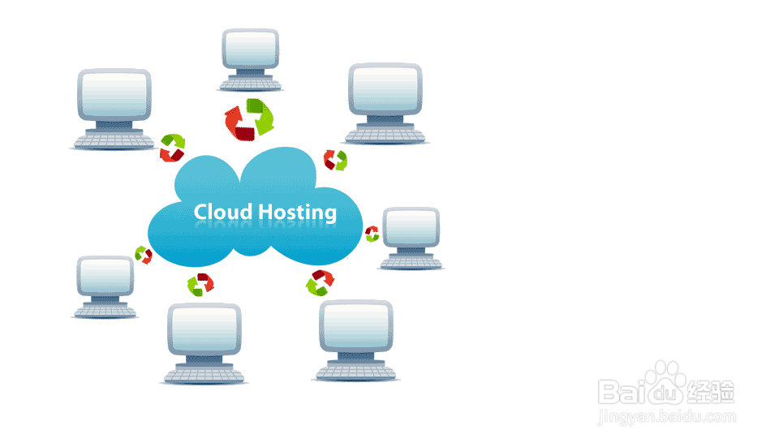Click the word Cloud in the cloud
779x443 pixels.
[223, 213]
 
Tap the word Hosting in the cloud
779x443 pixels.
[297, 213]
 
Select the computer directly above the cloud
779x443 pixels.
[251, 57]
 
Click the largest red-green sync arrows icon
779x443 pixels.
[250, 118]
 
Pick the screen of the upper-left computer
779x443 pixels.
[114, 95]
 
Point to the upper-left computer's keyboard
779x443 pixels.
[114, 141]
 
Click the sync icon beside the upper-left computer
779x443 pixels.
[172, 148]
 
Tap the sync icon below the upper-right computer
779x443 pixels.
[335, 160]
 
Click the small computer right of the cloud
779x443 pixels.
[411, 236]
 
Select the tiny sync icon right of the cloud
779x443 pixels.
[372, 234]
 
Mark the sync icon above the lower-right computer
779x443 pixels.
[320, 283]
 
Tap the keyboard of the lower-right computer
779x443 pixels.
[355, 372]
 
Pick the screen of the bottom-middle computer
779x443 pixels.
[204, 329]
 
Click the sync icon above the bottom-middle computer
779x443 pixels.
[200, 284]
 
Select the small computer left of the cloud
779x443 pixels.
[105, 286]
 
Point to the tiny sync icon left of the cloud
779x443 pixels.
[144, 255]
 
